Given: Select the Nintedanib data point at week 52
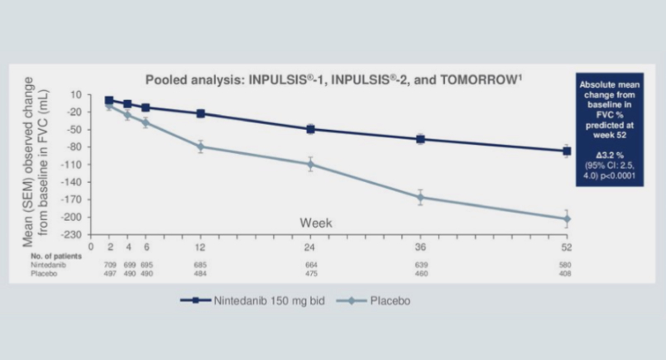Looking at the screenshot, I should click(567, 151).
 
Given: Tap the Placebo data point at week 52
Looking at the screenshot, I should click(567, 219).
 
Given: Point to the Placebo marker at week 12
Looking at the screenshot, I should click(201, 146).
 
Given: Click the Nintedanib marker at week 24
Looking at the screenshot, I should click(310, 129).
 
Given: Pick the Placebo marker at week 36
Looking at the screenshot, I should click(420, 197).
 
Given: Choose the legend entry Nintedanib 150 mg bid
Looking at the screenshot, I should click(239, 301).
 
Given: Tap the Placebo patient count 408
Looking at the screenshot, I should click(567, 273).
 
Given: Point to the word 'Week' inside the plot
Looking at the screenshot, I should click(315, 222).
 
